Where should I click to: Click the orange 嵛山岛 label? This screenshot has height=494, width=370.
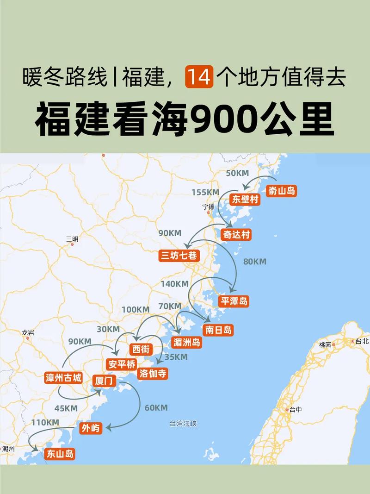pos(282,190)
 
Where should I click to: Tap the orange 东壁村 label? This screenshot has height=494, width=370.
pos(244,200)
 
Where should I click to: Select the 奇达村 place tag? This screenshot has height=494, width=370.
pos(237,235)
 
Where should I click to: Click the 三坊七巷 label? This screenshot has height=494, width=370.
pos(179,256)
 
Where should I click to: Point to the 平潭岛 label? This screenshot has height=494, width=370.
pos(234,301)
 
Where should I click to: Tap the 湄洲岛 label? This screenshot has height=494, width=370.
pos(186,342)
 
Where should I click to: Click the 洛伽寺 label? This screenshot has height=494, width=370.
pos(153,373)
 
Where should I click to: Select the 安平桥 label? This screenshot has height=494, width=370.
pos(121,364)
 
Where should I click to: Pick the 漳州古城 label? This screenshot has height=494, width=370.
pos(63,377)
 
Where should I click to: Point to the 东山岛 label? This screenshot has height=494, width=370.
pos(60,454)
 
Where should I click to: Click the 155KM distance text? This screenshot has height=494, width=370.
pos(205,192)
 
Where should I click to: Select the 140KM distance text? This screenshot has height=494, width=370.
pos(174,283)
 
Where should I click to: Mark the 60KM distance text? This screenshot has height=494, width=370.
pos(156,408)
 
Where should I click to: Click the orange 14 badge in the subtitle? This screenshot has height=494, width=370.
pos(199,77)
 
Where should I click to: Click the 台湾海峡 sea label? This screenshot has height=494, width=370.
pos(184,423)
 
